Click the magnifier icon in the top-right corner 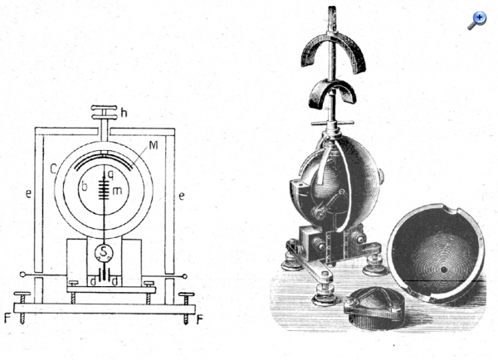477,21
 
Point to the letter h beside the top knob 124,112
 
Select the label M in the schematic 154,145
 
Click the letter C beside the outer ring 53,169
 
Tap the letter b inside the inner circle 84,187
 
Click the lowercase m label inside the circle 117,191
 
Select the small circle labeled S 104,252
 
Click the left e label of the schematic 28,193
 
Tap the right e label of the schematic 181,196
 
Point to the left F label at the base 8,318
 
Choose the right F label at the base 199,319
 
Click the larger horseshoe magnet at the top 333,52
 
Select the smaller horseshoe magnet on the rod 332,91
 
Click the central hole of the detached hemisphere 444,270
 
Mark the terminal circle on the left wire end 22,275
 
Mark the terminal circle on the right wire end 185,276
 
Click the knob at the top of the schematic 105,112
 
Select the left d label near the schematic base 93,282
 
